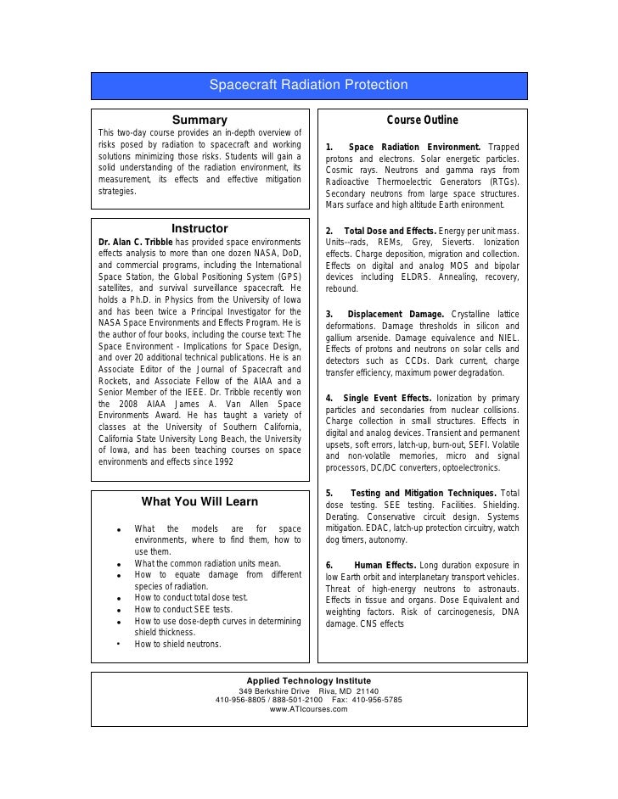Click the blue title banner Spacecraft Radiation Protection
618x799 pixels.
(x=309, y=86)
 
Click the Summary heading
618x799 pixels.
(x=200, y=120)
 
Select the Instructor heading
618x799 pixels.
(x=199, y=228)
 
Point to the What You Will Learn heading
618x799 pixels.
(x=199, y=500)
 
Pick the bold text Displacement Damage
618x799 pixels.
(x=399, y=314)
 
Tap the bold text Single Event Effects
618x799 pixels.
(x=387, y=398)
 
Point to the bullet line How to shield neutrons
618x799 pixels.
(x=177, y=644)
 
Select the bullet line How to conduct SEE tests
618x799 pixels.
(x=183, y=609)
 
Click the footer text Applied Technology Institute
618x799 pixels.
(x=308, y=680)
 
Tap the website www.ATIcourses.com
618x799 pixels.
(x=308, y=709)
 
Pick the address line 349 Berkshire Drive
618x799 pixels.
(x=275, y=690)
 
